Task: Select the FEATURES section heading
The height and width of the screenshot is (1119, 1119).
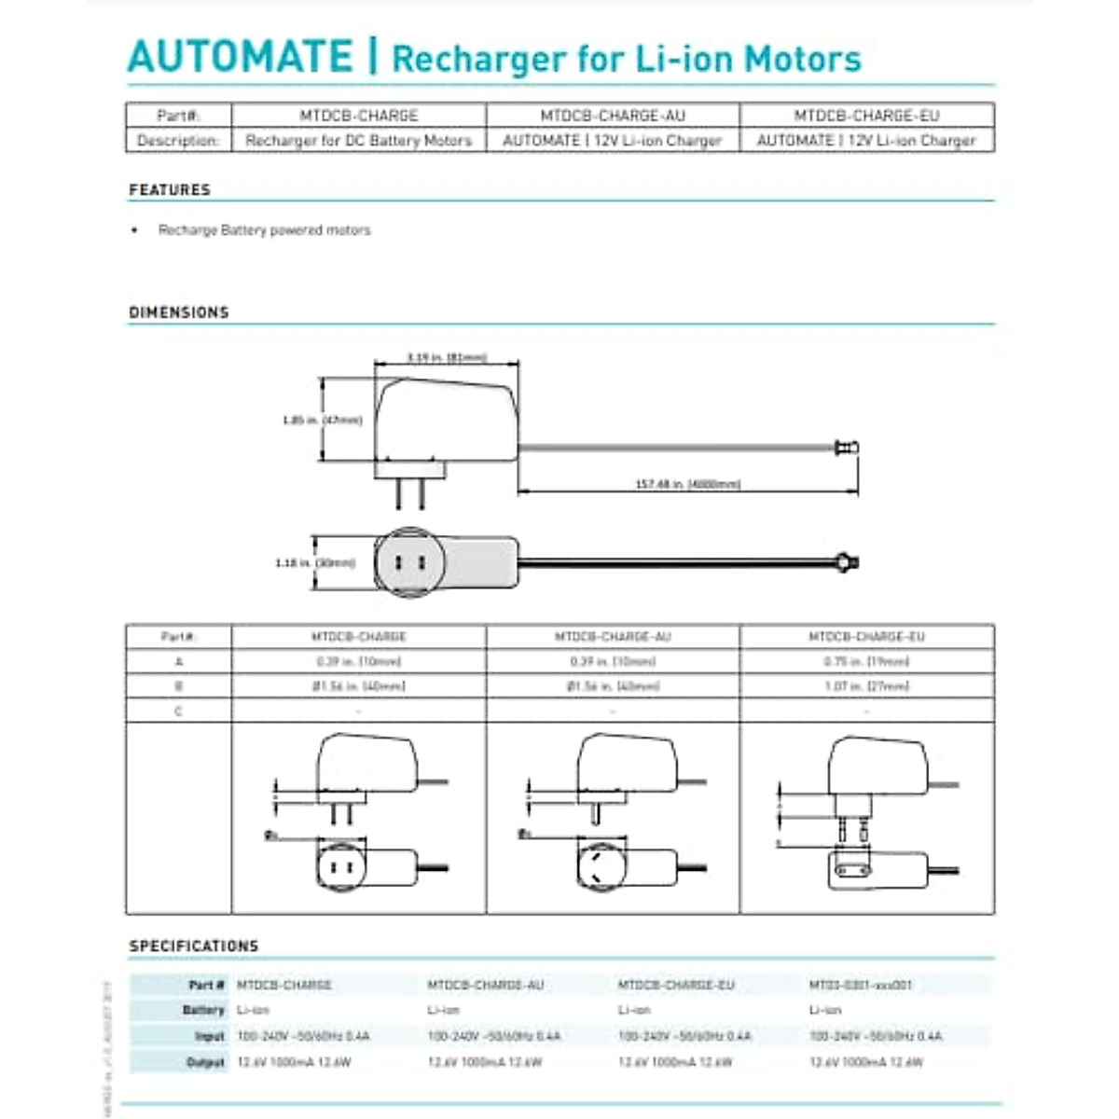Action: tap(170, 190)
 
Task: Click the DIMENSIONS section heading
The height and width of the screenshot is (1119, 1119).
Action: tap(179, 312)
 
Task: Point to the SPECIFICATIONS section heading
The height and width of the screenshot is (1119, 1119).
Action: tap(194, 946)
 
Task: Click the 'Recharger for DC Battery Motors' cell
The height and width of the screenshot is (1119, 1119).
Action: tap(359, 141)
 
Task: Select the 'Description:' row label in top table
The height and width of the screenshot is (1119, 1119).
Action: tap(178, 141)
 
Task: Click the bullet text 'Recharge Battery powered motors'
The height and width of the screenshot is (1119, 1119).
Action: tap(264, 230)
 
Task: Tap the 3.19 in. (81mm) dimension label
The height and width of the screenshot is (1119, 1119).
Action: tap(447, 358)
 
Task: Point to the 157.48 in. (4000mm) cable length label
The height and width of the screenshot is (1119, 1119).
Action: tap(688, 485)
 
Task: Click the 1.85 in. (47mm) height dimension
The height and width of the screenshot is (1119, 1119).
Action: tap(322, 421)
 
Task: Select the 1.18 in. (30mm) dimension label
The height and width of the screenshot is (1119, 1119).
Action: tap(315, 563)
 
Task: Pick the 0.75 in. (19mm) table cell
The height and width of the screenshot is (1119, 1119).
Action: tap(866, 662)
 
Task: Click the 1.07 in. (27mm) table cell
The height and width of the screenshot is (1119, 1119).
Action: tap(866, 686)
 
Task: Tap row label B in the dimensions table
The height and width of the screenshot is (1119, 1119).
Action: tap(178, 686)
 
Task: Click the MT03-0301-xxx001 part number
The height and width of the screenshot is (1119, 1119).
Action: tap(860, 985)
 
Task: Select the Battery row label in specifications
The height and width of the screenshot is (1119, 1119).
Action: tap(203, 1010)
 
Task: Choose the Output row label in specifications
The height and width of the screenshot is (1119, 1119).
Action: tap(205, 1062)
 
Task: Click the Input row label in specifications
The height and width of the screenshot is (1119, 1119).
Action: tap(209, 1036)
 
